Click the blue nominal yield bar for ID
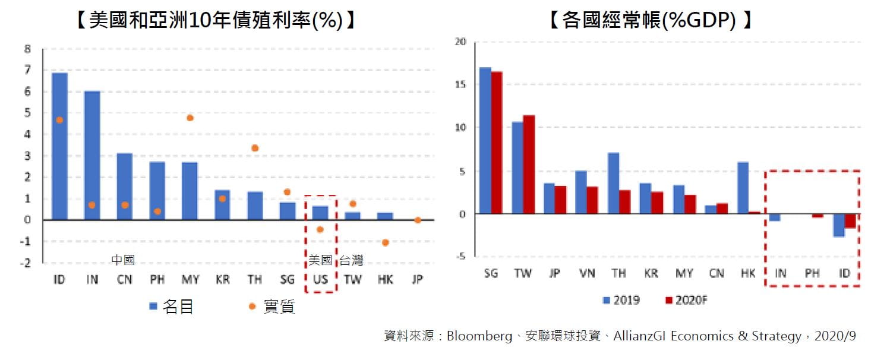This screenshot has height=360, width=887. coord(59,146)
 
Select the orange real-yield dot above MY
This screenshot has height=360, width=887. coord(190,118)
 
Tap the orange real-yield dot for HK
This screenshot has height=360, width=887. coord(385,242)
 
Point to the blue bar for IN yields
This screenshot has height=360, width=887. coord(91,156)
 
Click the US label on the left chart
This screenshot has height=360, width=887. coord(320,279)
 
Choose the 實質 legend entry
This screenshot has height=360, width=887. coord(273,307)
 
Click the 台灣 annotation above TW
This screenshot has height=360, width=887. coord(351,260)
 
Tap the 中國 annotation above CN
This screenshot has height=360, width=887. coord(124,260)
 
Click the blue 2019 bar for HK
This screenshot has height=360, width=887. coord(743,188)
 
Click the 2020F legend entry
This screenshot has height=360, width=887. coord(686,300)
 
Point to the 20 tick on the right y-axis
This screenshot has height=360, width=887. coord(461,42)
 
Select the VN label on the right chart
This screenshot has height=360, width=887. coord(586,273)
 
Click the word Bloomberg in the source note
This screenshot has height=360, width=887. coord(479,336)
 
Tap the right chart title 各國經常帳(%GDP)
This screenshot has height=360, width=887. coord(650,20)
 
